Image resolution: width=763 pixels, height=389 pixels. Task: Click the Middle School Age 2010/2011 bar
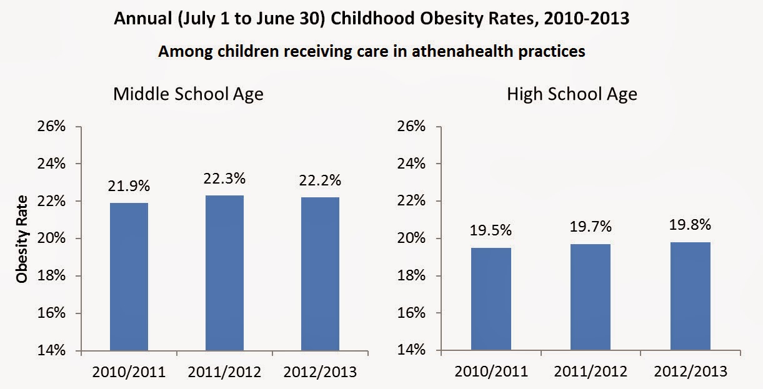pyautogui.click(x=129, y=277)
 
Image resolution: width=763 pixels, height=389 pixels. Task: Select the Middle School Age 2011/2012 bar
pyautogui.click(x=224, y=273)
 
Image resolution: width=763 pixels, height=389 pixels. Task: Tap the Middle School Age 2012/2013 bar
pyautogui.click(x=321, y=273)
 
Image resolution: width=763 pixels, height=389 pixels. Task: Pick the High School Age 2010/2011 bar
pyautogui.click(x=492, y=299)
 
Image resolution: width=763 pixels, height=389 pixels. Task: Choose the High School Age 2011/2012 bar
pyautogui.click(x=591, y=297)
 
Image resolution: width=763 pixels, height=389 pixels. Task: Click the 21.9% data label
pyautogui.click(x=129, y=185)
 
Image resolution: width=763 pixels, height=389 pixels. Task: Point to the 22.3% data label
pyautogui.click(x=224, y=178)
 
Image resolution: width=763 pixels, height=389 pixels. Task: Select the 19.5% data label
pyautogui.click(x=492, y=230)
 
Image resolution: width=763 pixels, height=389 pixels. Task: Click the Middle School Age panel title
pyautogui.click(x=188, y=94)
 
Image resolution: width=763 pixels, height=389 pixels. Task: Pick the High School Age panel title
pyautogui.click(x=572, y=94)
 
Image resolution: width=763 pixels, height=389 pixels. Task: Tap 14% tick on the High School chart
pyautogui.click(x=410, y=351)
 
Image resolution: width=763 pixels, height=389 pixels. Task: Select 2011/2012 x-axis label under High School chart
pyautogui.click(x=591, y=372)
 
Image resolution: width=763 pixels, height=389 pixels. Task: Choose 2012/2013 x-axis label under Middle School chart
pyautogui.click(x=321, y=372)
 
